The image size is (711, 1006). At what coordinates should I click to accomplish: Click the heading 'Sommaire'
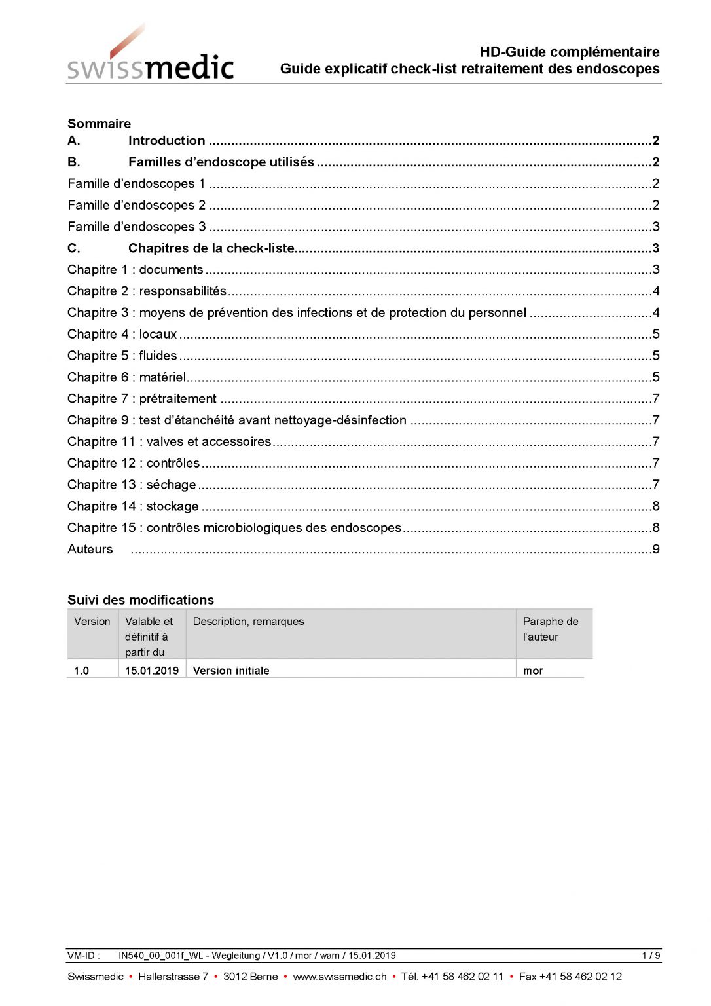(99, 124)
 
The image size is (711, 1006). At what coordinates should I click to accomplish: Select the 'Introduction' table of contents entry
(166, 141)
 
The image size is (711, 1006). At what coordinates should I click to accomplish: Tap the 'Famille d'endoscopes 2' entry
(136, 205)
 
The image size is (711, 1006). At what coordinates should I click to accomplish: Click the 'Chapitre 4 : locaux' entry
(122, 334)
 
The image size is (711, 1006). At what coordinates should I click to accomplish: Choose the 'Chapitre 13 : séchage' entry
(131, 485)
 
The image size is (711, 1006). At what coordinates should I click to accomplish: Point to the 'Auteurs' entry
(90, 549)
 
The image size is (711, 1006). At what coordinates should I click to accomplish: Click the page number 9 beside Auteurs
(655, 549)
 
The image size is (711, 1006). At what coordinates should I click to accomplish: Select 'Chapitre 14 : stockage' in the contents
(133, 506)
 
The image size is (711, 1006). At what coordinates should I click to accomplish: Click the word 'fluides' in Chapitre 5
(158, 356)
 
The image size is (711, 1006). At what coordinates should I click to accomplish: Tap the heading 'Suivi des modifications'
(140, 600)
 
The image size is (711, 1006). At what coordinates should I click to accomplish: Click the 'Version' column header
(92, 622)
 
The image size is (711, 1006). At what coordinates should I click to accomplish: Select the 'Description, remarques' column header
(248, 622)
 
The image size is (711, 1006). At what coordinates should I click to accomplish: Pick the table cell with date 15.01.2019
(152, 671)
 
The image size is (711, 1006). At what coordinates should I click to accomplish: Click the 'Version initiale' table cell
(231, 671)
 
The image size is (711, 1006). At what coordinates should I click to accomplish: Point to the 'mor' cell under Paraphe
(533, 671)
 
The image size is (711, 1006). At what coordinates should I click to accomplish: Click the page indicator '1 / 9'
(651, 956)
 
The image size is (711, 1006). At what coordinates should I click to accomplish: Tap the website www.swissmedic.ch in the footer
(339, 977)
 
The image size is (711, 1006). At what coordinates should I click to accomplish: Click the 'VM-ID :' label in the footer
(83, 956)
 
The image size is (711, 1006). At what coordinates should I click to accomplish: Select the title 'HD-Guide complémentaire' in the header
(569, 52)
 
